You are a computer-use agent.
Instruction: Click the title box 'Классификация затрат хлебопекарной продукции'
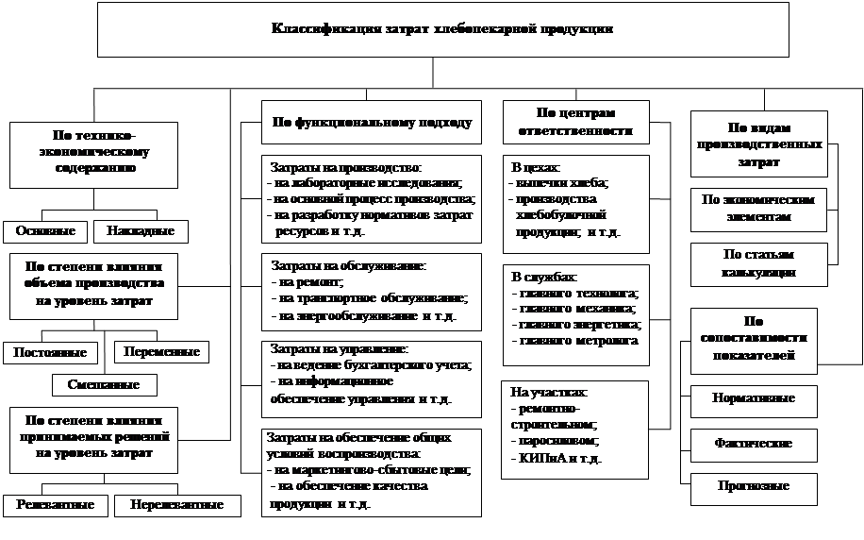point(441,29)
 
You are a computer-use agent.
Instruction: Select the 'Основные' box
point(45,231)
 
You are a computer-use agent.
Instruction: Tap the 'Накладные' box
point(141,231)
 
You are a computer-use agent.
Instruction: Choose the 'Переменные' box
point(162,352)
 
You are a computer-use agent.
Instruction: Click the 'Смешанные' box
point(104,384)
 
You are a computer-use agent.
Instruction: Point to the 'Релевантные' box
point(55,505)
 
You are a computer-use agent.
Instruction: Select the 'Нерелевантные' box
point(177,505)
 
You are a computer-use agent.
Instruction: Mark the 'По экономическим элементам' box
point(758,210)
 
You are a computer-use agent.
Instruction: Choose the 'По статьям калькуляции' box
point(758,263)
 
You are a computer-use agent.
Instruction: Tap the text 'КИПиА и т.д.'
point(560,458)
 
